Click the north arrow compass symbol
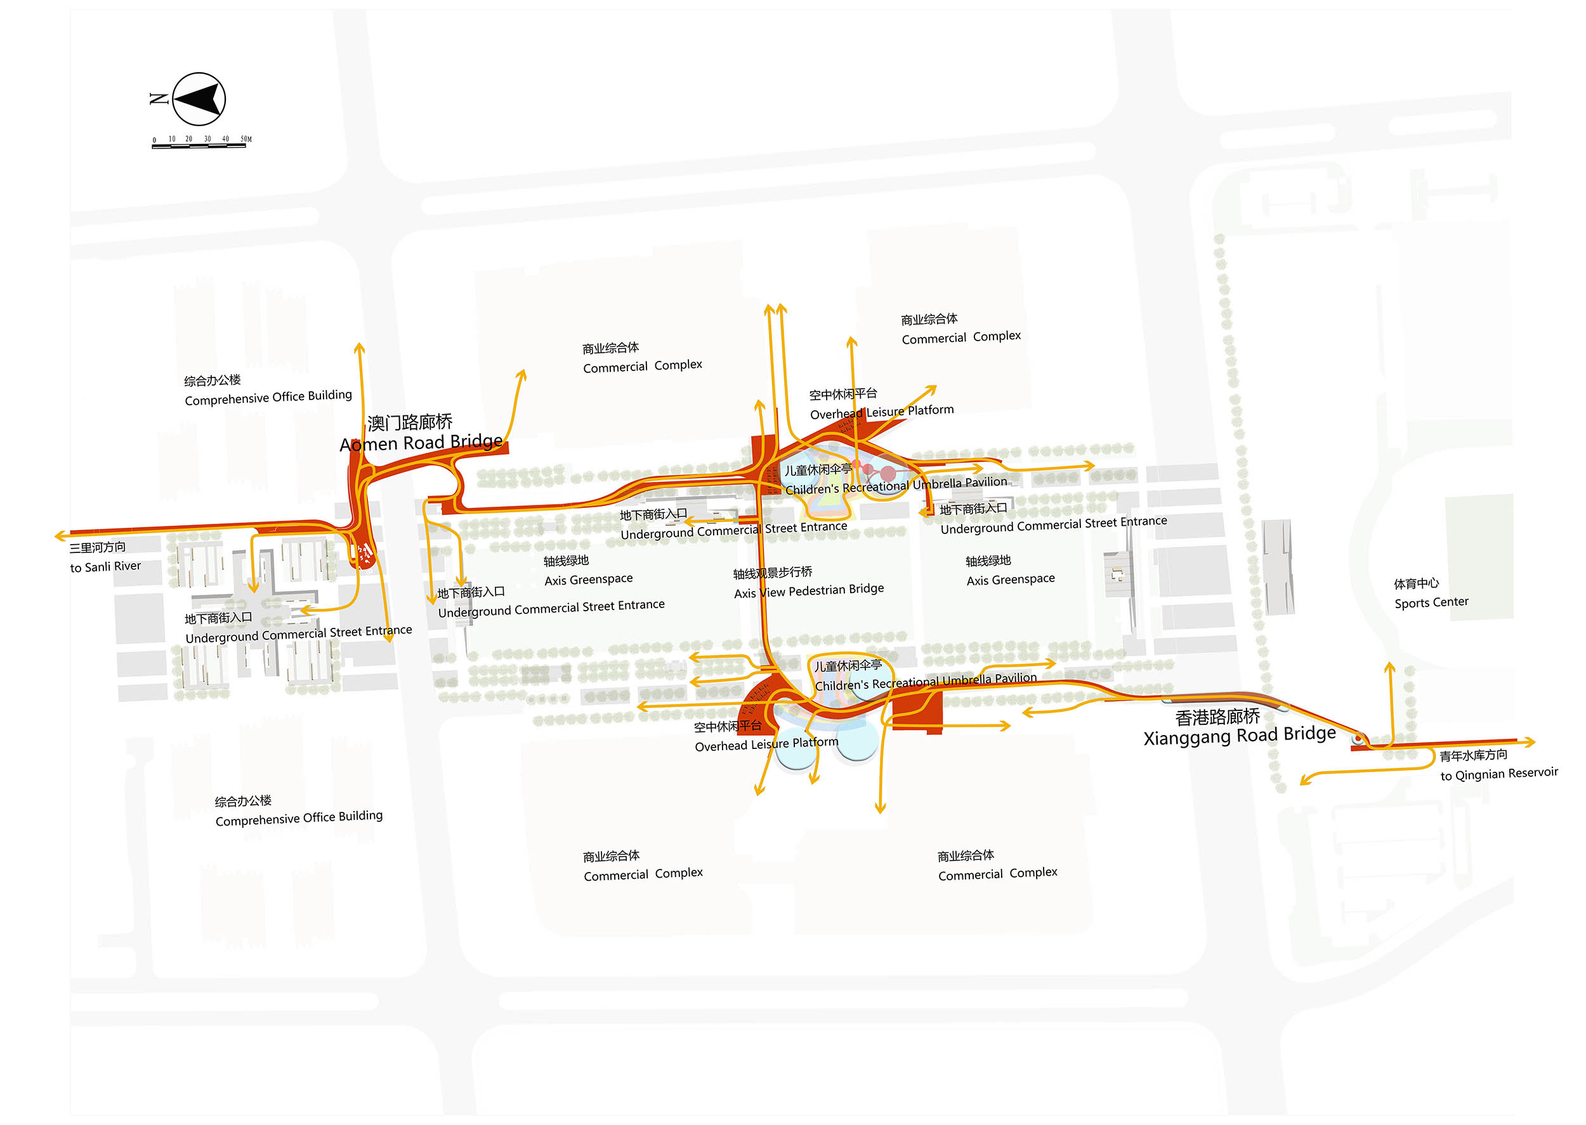199,99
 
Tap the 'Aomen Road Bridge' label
421,443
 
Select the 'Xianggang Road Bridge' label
1239,735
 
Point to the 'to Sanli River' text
105,567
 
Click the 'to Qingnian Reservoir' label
1498,774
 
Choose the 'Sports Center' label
1431,602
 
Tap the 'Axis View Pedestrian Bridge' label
809,590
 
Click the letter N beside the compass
159,99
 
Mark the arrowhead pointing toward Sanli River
60,535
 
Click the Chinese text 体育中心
1415,583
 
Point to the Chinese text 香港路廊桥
1217,717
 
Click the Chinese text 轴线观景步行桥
773,572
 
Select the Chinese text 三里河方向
97,547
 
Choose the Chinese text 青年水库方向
1473,755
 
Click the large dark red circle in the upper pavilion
888,474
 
